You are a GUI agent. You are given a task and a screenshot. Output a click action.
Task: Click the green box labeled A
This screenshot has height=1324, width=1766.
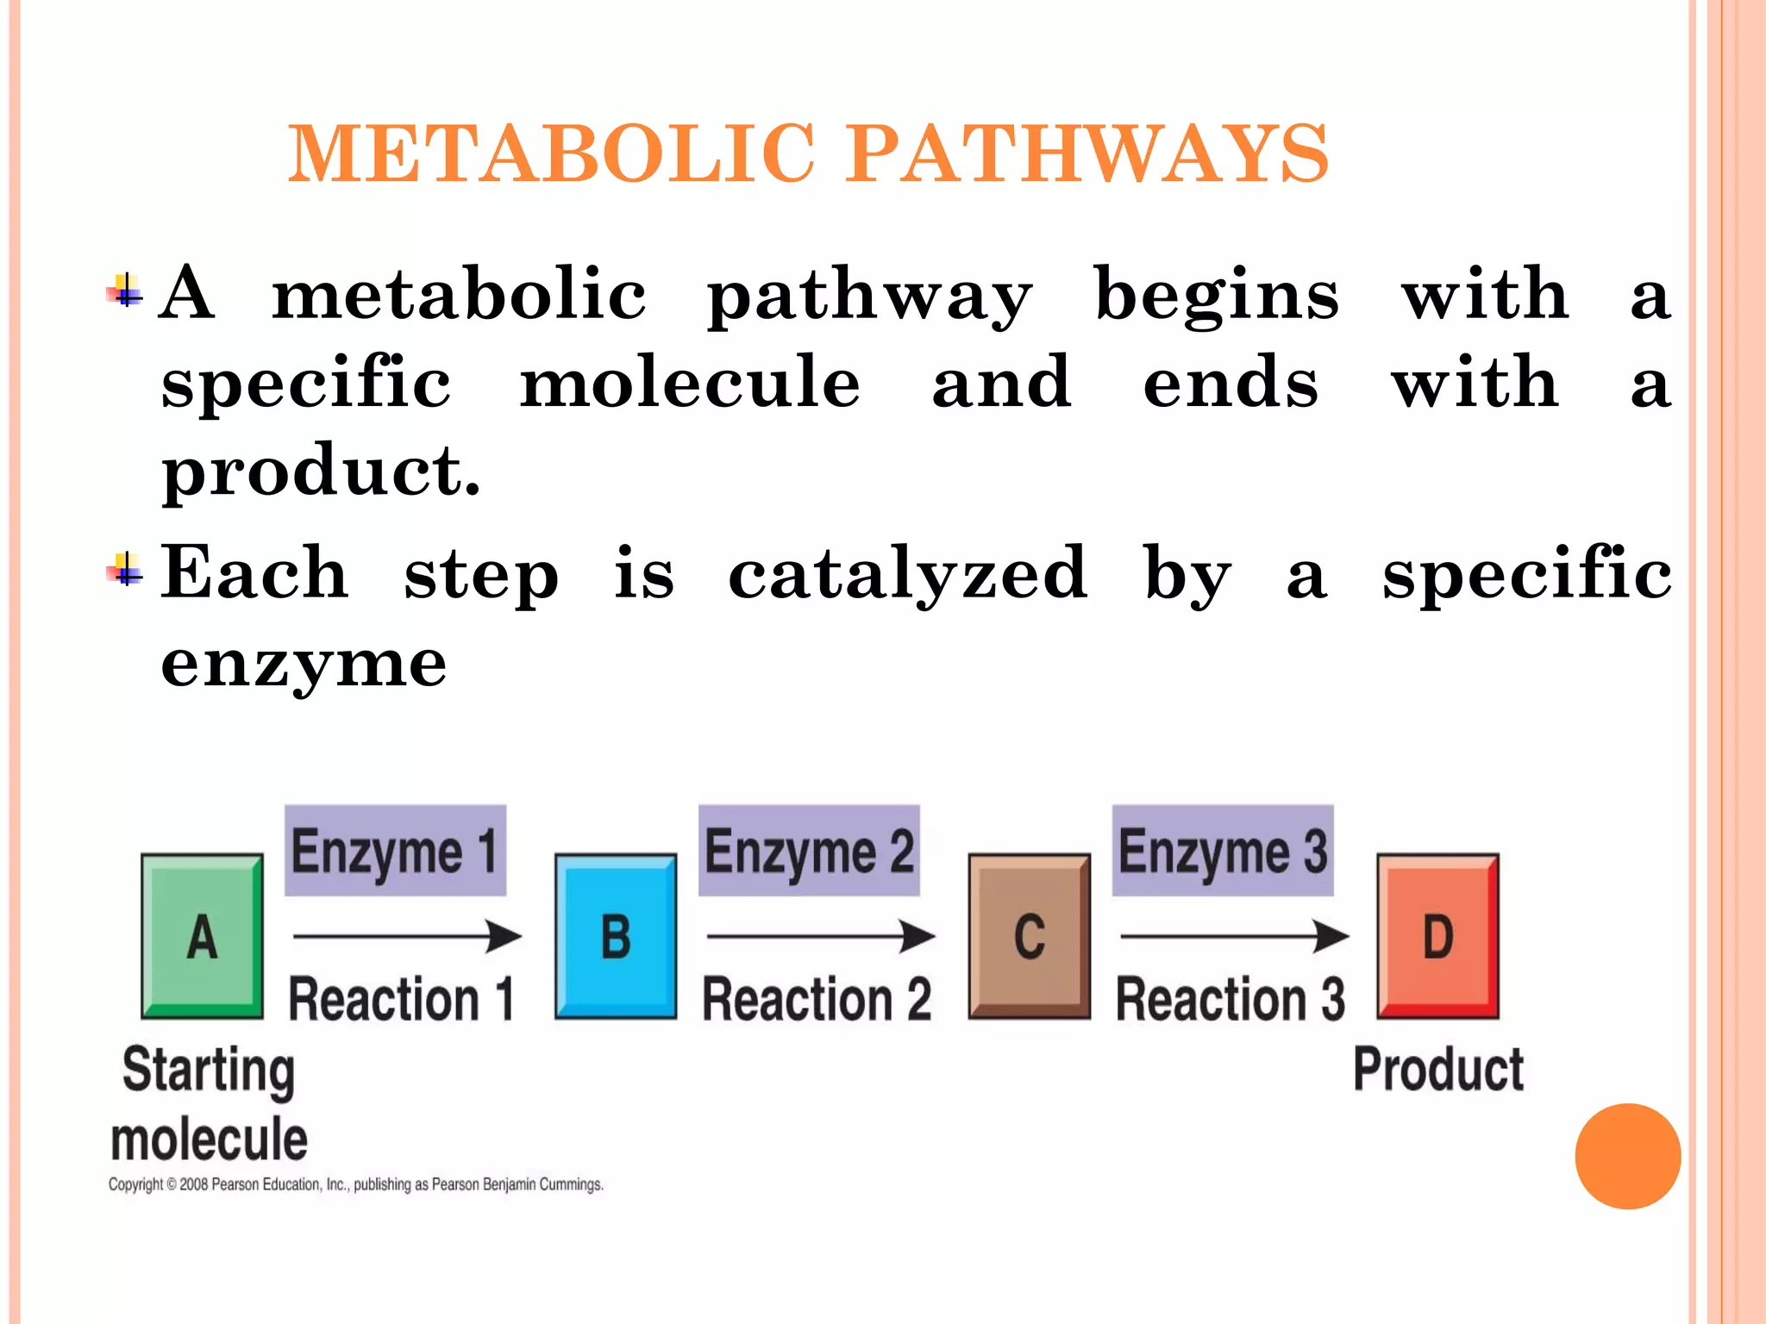click(202, 936)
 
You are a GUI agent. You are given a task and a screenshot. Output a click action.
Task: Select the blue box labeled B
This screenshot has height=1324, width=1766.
click(616, 936)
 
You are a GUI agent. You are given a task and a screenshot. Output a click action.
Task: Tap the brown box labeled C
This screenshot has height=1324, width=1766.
click(1029, 936)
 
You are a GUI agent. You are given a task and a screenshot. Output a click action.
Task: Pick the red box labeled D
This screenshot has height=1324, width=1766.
click(1437, 936)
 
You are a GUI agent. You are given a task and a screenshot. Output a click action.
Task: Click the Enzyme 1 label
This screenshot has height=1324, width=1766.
click(395, 851)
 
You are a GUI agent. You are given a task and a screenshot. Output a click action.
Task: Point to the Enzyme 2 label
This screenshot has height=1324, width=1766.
click(809, 851)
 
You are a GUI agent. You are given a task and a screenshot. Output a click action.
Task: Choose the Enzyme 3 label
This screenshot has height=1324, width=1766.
click(1223, 851)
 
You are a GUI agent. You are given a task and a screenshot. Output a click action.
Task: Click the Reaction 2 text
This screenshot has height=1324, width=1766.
click(817, 1000)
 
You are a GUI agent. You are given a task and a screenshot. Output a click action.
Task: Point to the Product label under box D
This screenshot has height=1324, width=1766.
click(1438, 1070)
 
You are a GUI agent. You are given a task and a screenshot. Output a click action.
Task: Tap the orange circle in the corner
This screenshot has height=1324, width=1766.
click(1627, 1156)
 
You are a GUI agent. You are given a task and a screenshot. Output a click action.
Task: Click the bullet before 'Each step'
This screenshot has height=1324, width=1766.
click(126, 570)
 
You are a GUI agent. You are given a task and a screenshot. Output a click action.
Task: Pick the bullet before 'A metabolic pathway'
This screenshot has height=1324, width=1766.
click(126, 291)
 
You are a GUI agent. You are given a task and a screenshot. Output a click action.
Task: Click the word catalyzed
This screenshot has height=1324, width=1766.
click(907, 574)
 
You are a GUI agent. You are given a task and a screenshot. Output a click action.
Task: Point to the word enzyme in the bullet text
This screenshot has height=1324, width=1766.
click(304, 664)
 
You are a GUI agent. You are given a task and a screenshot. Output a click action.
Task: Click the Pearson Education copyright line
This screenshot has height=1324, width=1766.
click(355, 1184)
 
